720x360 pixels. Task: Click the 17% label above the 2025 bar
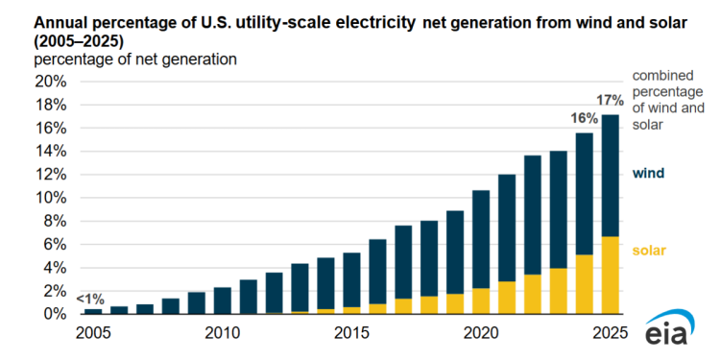(x=610, y=100)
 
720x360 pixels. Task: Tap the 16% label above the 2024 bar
(x=583, y=118)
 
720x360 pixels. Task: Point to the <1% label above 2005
(x=91, y=300)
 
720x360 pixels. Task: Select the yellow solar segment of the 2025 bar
(x=610, y=275)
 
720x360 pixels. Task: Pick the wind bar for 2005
(x=93, y=311)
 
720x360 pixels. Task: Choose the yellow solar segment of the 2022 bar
(x=532, y=294)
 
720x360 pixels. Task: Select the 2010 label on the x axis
(x=222, y=333)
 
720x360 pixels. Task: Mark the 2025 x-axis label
(x=610, y=333)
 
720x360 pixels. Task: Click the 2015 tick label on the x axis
(x=351, y=333)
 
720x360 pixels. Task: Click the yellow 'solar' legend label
(x=650, y=251)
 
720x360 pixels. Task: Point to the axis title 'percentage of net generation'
(x=135, y=60)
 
